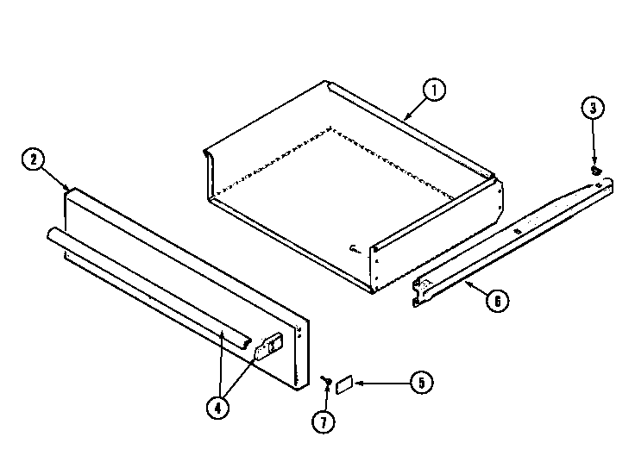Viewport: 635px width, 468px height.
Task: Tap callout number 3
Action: (592, 109)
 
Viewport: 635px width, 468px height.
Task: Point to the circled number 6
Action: (498, 302)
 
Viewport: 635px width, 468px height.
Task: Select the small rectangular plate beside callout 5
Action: (343, 382)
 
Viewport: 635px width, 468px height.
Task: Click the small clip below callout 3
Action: (595, 171)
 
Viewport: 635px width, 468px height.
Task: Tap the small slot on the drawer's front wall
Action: (355, 249)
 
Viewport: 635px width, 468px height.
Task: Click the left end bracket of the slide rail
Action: (420, 290)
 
